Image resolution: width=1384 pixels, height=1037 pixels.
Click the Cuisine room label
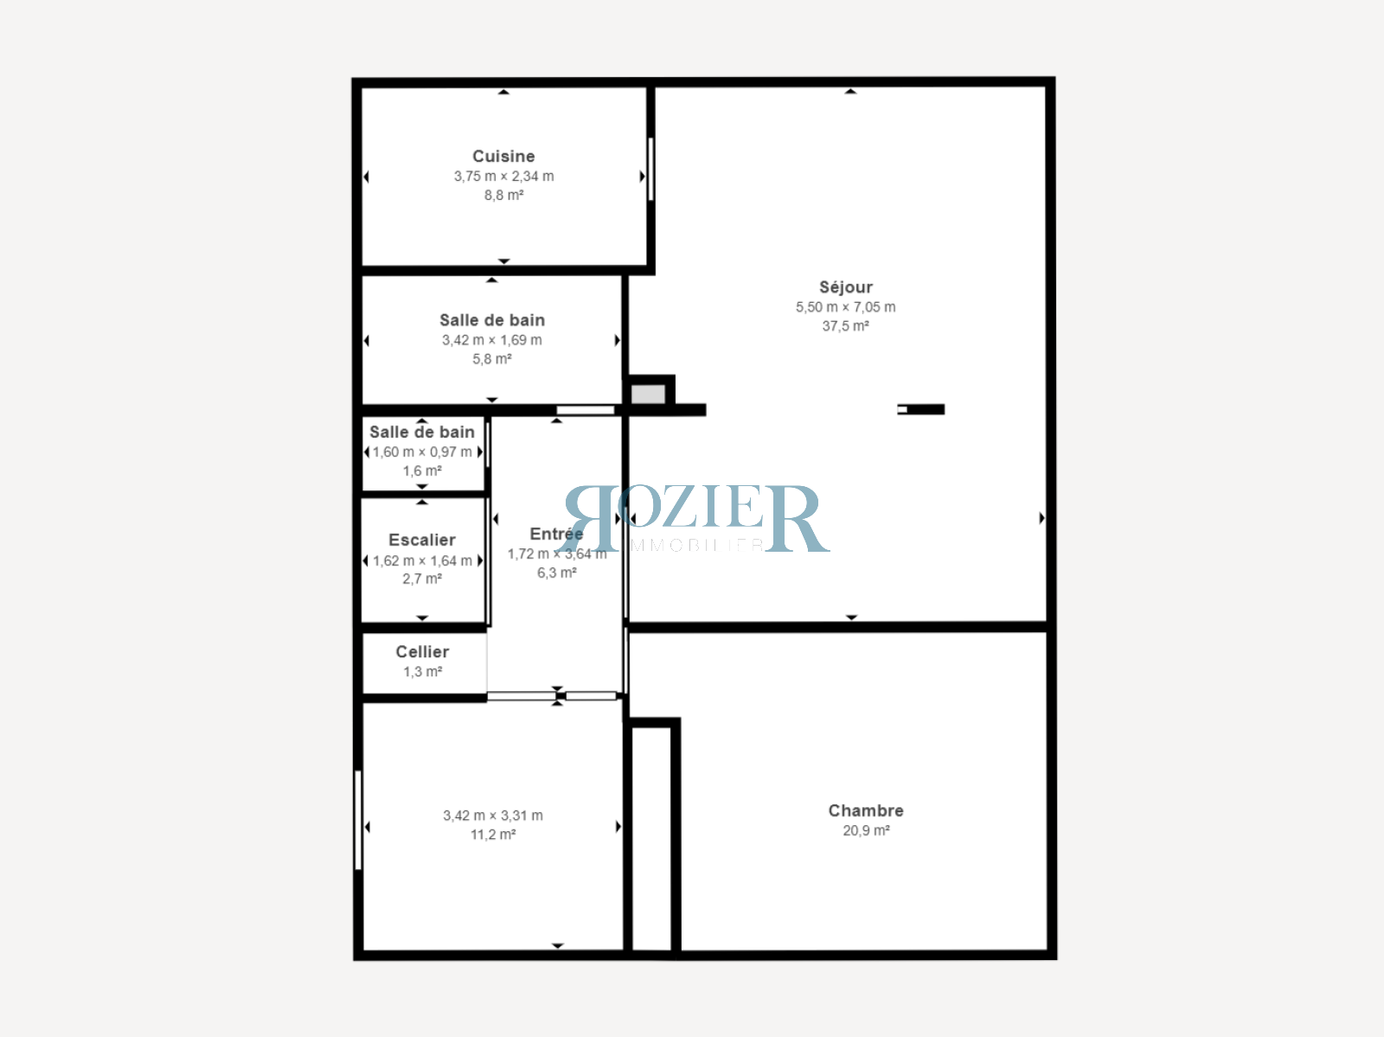tap(503, 157)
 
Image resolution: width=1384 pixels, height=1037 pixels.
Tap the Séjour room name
tap(846, 287)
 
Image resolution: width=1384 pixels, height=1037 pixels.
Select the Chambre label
tap(866, 810)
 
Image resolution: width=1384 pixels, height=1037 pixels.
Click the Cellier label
tap(422, 652)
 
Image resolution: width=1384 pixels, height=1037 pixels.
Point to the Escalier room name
tap(422, 540)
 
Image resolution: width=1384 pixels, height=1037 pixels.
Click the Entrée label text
tap(556, 535)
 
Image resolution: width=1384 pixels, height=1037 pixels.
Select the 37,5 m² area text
tap(845, 326)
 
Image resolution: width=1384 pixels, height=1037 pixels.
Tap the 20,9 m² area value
tap(866, 830)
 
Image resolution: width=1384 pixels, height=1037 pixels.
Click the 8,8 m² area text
tap(503, 195)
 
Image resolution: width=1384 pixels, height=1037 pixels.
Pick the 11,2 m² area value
tap(493, 835)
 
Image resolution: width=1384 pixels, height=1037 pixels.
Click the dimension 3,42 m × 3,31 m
tap(493, 816)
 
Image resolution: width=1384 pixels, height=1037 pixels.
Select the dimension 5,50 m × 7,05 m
tap(846, 307)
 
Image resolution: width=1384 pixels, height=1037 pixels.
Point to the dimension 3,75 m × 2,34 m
tap(503, 176)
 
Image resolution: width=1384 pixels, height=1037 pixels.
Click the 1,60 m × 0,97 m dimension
tap(422, 452)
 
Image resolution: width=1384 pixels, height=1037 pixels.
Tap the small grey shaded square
tap(648, 394)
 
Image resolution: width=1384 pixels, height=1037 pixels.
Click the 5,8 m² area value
tap(491, 359)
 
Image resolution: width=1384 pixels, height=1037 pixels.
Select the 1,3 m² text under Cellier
tap(422, 672)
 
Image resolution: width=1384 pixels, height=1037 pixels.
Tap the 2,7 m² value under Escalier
tap(422, 579)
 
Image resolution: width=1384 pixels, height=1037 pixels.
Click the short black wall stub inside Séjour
tap(923, 409)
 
